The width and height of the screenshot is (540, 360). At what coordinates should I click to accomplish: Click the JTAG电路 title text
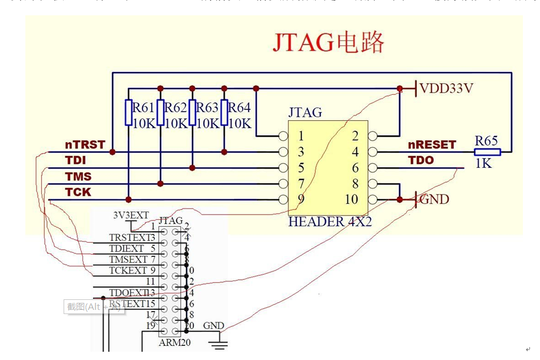pyautogui.click(x=328, y=42)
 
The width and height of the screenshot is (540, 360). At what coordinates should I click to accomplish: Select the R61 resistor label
pyautogui.click(x=143, y=107)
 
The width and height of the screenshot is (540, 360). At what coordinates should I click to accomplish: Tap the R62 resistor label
pyautogui.click(x=175, y=107)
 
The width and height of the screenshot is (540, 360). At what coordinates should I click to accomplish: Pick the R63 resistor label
pyautogui.click(x=207, y=107)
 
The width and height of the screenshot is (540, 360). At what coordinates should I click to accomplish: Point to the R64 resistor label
pyautogui.click(x=239, y=107)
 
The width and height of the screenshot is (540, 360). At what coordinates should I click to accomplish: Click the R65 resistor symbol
pyautogui.click(x=487, y=152)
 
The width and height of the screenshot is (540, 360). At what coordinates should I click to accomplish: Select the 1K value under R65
pyautogui.click(x=483, y=164)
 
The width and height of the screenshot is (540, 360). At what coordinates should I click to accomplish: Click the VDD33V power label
pyautogui.click(x=446, y=89)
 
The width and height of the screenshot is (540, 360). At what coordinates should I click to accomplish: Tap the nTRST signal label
pyautogui.click(x=85, y=145)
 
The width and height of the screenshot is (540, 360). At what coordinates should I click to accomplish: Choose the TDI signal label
pyautogui.click(x=75, y=160)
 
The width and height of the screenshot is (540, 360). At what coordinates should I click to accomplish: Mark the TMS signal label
pyautogui.click(x=78, y=176)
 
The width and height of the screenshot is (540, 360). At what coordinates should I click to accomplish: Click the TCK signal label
pyautogui.click(x=78, y=192)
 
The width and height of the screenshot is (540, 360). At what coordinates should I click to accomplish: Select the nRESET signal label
pyautogui.click(x=432, y=145)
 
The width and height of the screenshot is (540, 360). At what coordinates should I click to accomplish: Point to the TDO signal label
pyautogui.click(x=420, y=160)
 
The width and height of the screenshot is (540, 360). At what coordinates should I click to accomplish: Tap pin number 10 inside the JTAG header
pyautogui.click(x=351, y=199)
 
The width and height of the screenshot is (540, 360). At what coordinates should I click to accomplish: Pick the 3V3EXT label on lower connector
pyautogui.click(x=131, y=215)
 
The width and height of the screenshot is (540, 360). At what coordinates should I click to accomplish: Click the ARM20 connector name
pyautogui.click(x=175, y=342)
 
